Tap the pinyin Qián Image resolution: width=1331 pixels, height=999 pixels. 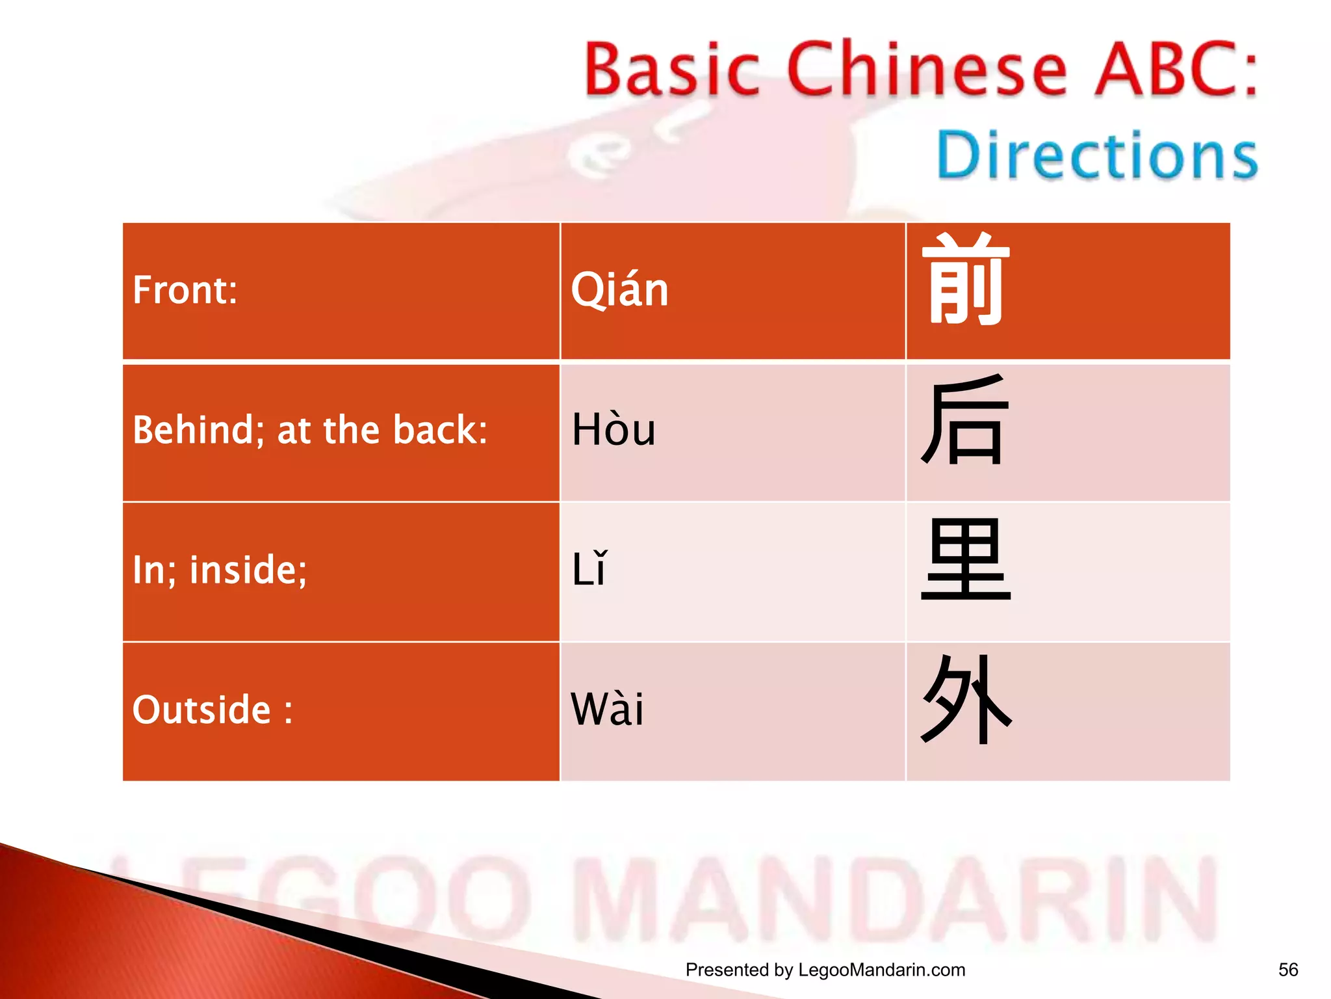click(x=619, y=290)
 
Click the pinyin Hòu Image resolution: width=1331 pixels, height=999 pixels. click(x=614, y=431)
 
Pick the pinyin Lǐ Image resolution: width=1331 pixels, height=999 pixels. click(x=589, y=570)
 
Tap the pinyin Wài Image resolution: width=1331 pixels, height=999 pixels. click(x=607, y=709)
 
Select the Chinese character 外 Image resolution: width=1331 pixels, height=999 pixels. click(x=966, y=700)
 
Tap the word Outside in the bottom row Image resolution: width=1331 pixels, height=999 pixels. click(x=201, y=709)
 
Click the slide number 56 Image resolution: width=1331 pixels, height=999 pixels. click(x=1287, y=970)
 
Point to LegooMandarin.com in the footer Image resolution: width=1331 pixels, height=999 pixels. click(x=881, y=970)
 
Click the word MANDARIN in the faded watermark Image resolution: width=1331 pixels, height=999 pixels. click(x=897, y=900)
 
